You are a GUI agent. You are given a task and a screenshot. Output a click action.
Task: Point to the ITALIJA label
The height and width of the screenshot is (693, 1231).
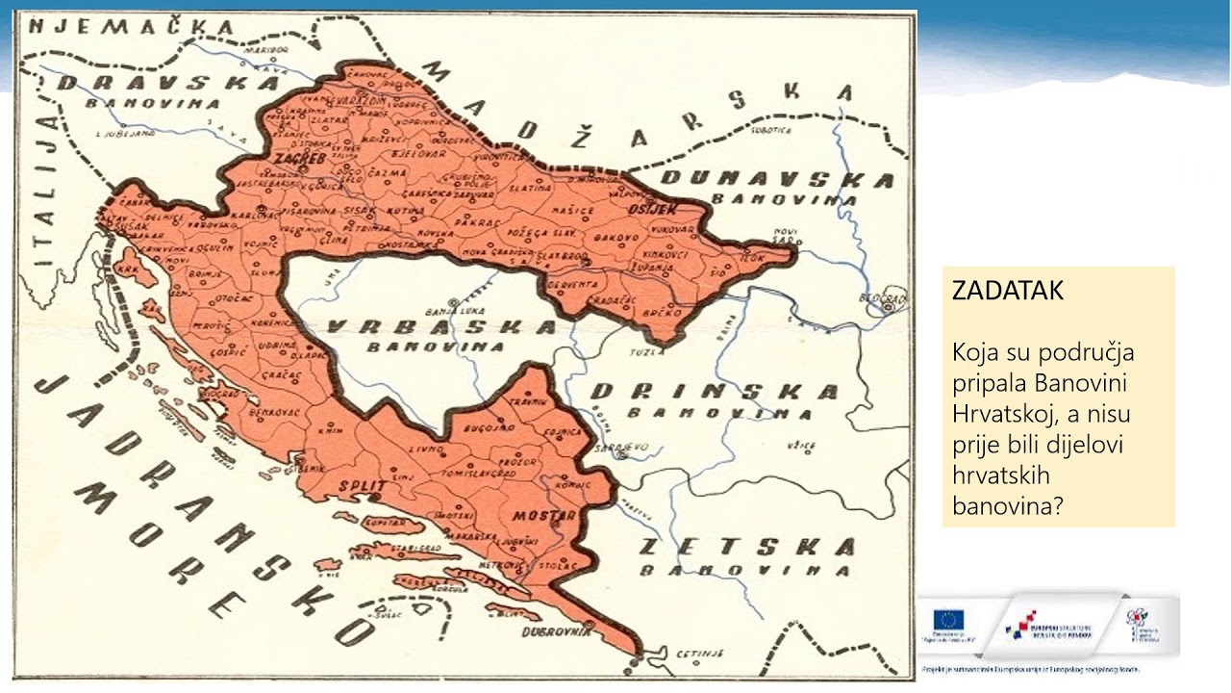[x=44, y=189]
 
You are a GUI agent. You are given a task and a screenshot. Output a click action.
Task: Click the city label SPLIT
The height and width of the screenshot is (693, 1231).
[x=362, y=486]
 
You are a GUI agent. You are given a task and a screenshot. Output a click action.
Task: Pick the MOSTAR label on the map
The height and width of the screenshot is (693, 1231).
[x=543, y=516]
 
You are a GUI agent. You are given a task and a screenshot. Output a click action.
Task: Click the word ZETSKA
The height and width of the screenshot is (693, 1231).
[x=746, y=548]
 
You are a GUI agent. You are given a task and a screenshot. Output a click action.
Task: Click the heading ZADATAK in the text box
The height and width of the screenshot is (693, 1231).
[x=1008, y=292]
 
